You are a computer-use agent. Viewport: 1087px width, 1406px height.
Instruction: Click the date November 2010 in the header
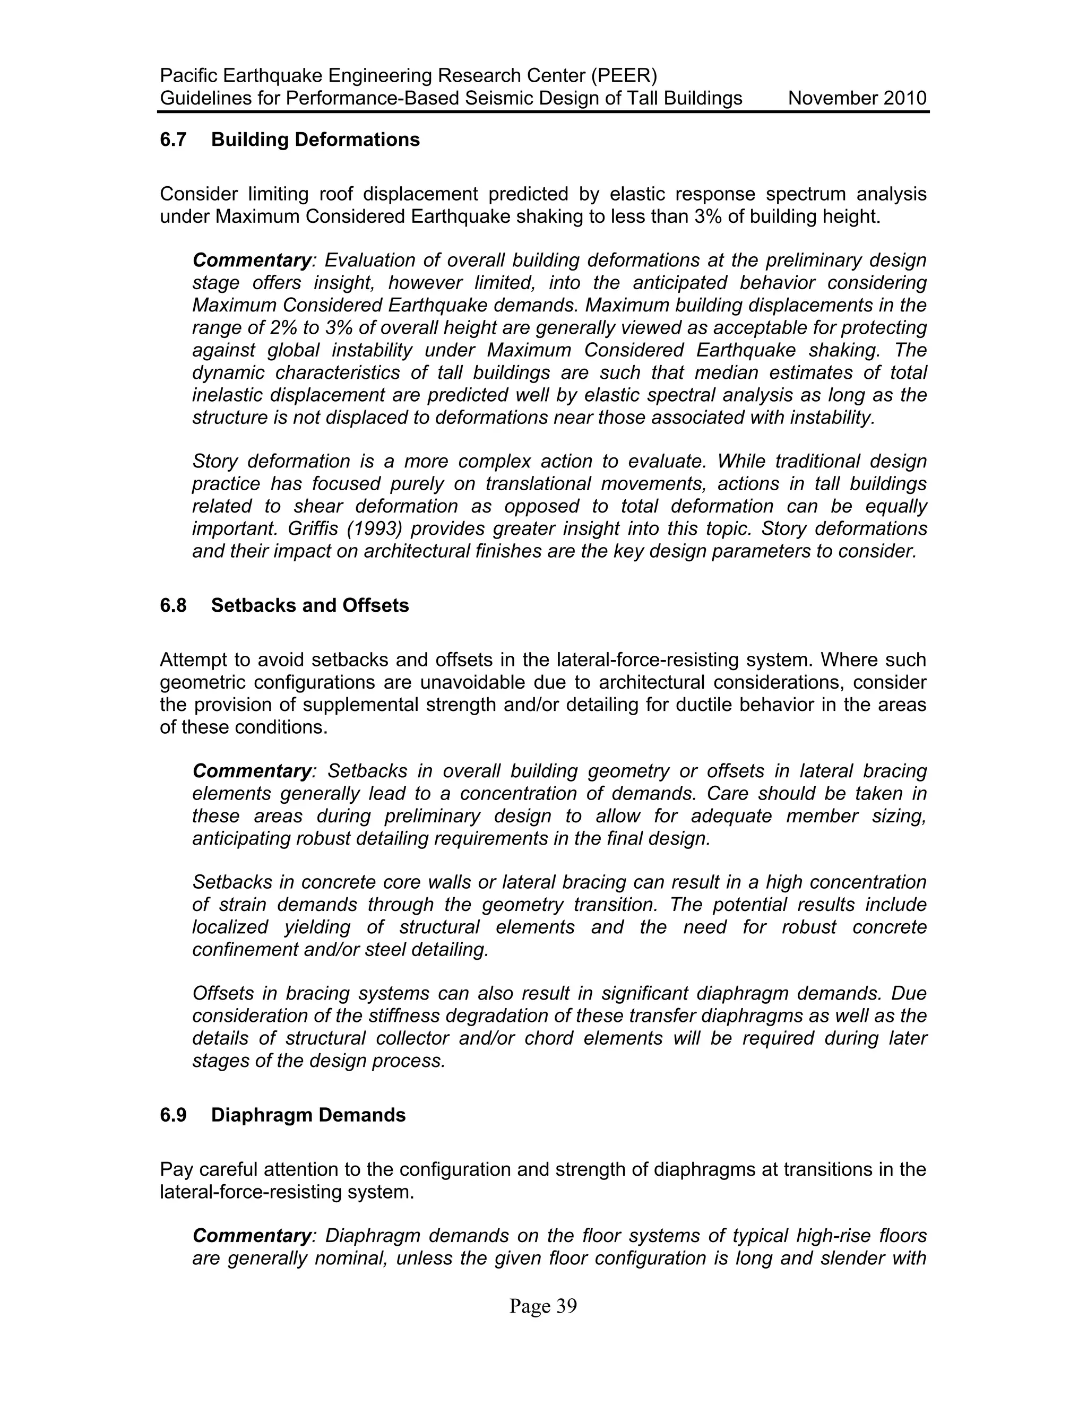pos(857,99)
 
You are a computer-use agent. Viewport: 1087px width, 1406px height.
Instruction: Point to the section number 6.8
pos(172,605)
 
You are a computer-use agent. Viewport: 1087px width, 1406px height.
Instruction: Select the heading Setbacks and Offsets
pos(310,605)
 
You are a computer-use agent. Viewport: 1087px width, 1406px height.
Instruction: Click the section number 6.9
pos(172,1115)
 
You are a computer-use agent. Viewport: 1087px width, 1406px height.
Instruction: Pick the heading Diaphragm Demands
pos(308,1115)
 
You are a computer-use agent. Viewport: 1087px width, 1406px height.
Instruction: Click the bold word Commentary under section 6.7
pos(252,260)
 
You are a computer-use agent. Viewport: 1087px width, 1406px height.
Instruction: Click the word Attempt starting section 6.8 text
pos(196,660)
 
